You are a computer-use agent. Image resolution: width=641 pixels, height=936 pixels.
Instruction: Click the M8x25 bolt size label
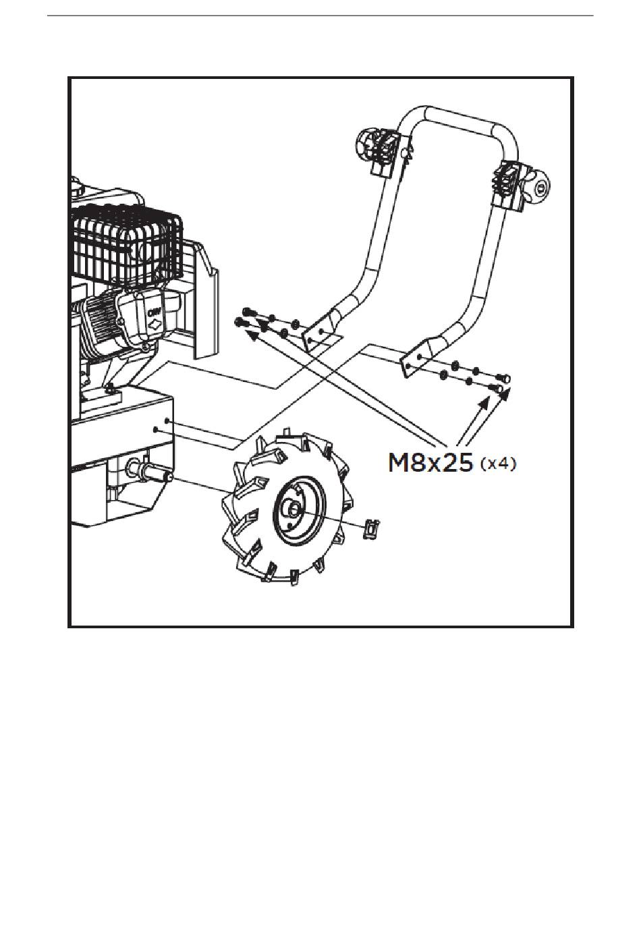tap(430, 464)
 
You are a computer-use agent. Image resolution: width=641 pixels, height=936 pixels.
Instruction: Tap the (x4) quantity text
tap(499, 464)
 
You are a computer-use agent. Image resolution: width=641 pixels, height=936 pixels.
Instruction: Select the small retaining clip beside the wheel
tap(371, 528)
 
